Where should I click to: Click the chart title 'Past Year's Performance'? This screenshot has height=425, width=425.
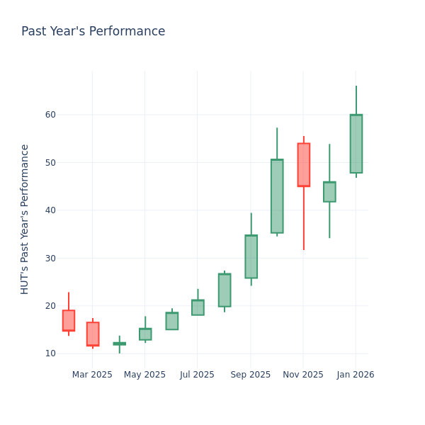coord(93,32)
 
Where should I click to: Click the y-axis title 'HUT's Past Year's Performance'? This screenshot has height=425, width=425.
coord(25,219)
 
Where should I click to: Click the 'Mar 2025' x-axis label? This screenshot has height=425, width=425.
coord(92,375)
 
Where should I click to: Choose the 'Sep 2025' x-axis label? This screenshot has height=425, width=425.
coord(251,375)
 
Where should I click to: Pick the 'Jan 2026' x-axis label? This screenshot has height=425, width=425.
coord(356,375)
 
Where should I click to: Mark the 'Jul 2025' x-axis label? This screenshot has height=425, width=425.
coord(198,375)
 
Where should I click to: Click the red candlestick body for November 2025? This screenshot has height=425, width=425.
coord(303,164)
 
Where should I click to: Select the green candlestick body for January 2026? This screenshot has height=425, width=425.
coord(356,144)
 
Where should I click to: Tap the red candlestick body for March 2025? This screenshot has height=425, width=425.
coord(93,334)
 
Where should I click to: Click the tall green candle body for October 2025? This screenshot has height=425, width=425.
coord(277,196)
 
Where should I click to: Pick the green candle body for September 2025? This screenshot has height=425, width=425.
coord(251,256)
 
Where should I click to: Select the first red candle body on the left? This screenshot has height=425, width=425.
coord(68,320)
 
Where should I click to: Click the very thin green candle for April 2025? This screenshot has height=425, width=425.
coord(119,344)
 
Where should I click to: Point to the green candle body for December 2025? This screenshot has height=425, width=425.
coord(329,192)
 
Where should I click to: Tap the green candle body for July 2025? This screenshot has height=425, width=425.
coord(198,307)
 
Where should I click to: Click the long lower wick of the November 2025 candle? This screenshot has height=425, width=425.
coord(304,220)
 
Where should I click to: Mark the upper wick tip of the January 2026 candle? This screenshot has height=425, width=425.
coord(356,87)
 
